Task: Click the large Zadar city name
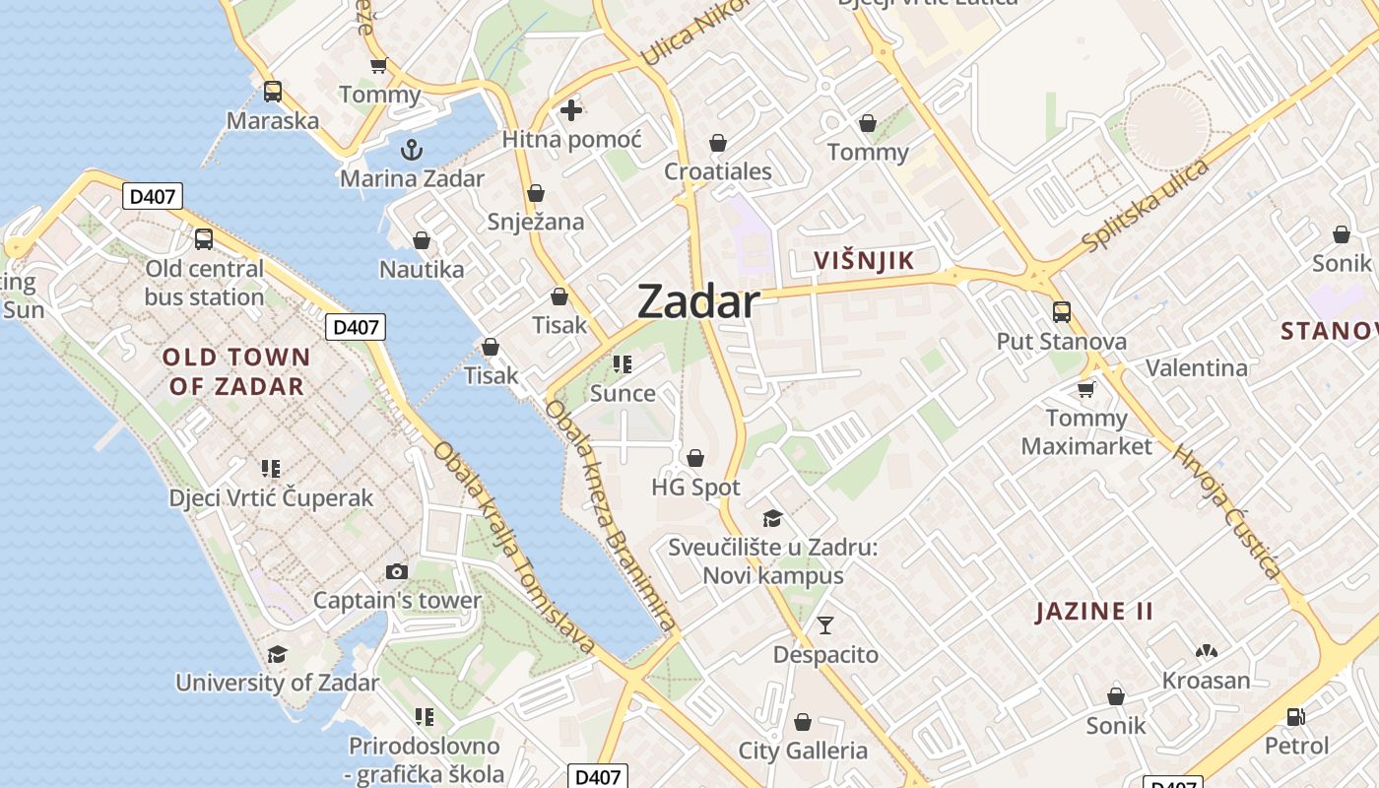(x=698, y=301)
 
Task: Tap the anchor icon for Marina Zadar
(x=412, y=150)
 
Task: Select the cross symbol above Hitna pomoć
(x=571, y=110)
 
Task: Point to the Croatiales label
(x=718, y=171)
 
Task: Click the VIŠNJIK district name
(x=865, y=261)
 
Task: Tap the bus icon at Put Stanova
(x=1062, y=312)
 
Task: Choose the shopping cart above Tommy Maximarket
(x=1085, y=389)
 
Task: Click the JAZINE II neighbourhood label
(x=1094, y=612)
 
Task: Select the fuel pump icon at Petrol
(x=1296, y=717)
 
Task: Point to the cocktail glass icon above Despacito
(x=825, y=625)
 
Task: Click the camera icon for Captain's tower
(x=397, y=571)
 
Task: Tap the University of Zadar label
(x=277, y=682)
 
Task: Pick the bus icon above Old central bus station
(x=204, y=239)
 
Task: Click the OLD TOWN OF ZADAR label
(x=236, y=371)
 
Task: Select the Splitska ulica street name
(x=1145, y=204)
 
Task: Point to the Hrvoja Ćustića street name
(x=1227, y=512)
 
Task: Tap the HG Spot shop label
(x=695, y=488)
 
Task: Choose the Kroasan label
(x=1206, y=681)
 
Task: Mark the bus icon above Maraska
(x=273, y=92)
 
